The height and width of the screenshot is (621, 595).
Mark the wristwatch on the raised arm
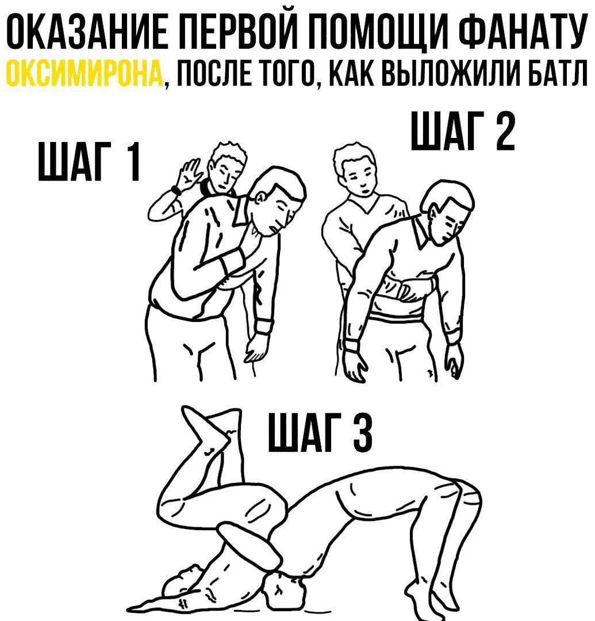[x=175, y=190]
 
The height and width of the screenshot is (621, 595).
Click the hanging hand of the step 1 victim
[x=253, y=352]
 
